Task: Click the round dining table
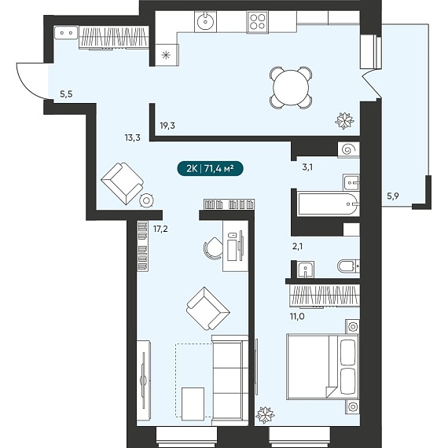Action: (x=291, y=88)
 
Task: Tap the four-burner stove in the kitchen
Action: (x=257, y=21)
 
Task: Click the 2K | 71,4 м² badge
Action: (x=210, y=169)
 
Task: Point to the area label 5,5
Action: (x=66, y=94)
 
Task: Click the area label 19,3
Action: (x=167, y=125)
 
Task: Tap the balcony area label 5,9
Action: (x=393, y=196)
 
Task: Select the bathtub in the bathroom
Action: (x=328, y=204)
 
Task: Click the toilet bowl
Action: (x=348, y=266)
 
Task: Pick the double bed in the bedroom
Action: (x=322, y=366)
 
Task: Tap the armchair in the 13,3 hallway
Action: (x=123, y=183)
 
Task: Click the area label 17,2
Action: (x=160, y=230)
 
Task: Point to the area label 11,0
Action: (x=296, y=317)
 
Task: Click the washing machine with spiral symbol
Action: (x=348, y=149)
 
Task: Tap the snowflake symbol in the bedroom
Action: (x=265, y=415)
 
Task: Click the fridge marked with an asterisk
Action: (x=167, y=55)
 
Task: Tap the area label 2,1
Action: (x=297, y=247)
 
